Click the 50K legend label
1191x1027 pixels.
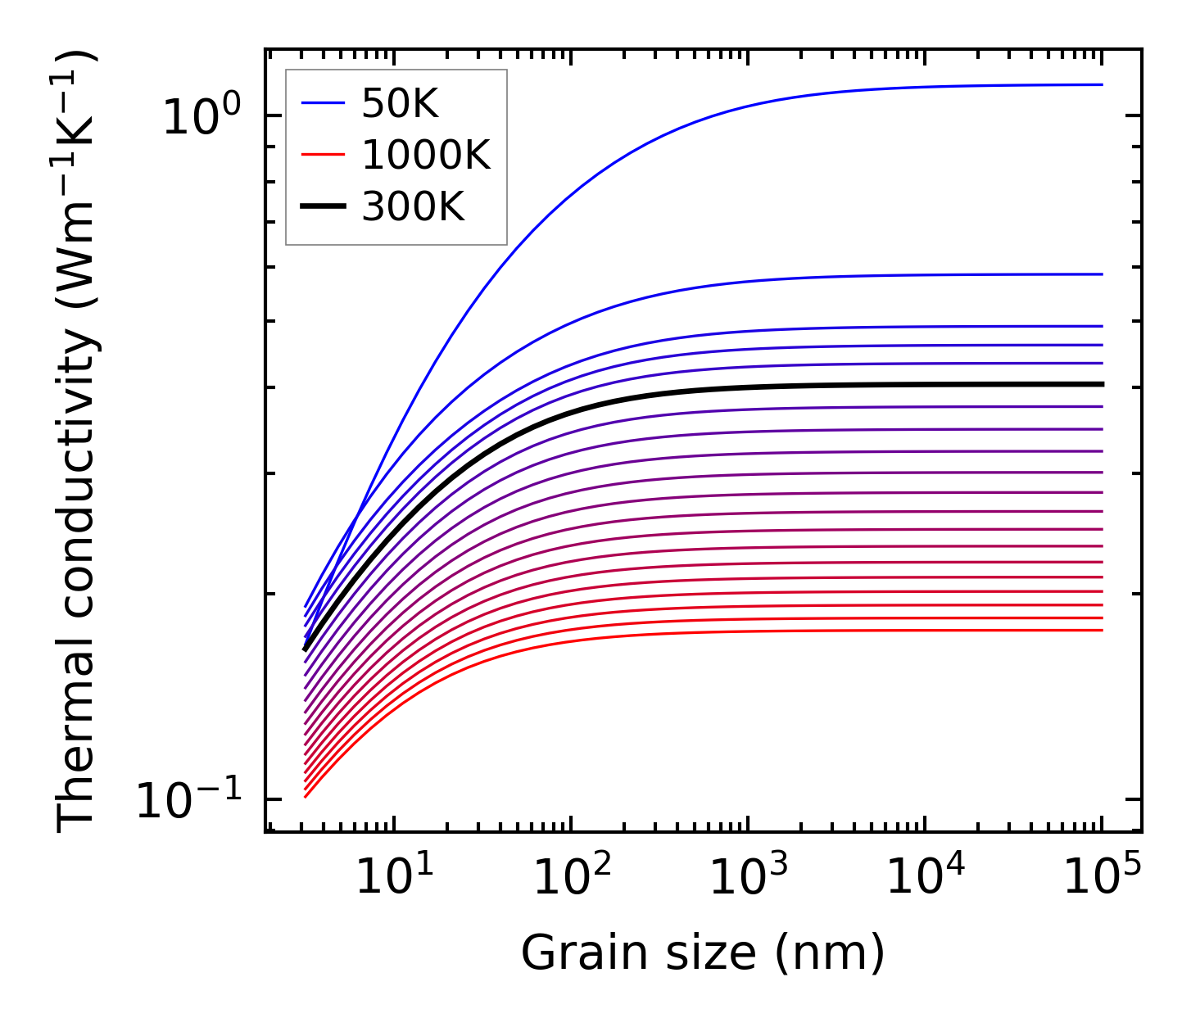tap(401, 104)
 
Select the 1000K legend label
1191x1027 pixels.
tap(426, 156)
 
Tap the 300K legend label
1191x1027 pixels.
tap(413, 207)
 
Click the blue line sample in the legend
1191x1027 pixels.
tap(323, 103)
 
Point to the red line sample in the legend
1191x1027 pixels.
tap(323, 156)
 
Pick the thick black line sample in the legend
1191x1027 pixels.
tap(323, 207)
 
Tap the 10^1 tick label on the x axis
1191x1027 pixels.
tap(395, 878)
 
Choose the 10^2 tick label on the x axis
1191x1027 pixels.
tap(572, 878)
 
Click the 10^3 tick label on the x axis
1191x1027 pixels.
tap(749, 878)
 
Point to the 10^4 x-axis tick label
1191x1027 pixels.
tap(926, 878)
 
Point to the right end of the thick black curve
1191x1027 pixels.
tap(1102, 384)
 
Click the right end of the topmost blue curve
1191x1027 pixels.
tap(1102, 84)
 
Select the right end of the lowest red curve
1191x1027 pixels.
tap(1102, 630)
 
